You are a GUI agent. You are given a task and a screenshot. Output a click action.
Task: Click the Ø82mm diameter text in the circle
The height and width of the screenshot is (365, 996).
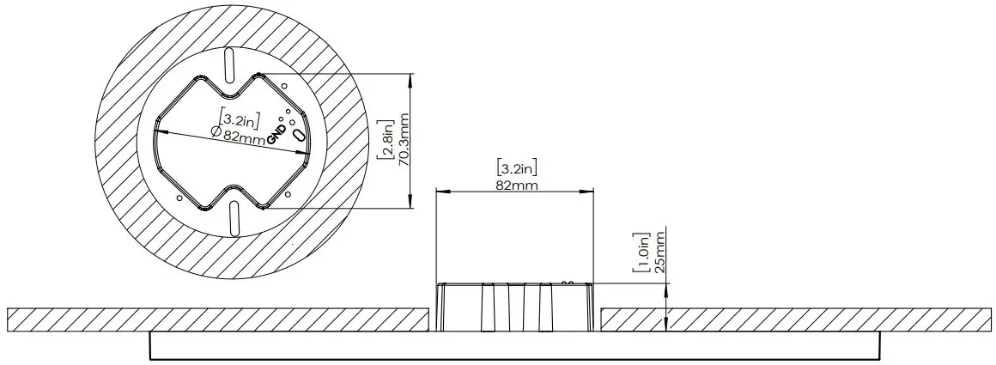238,134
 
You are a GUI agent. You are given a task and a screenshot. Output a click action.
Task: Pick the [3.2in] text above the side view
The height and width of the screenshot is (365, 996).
517,168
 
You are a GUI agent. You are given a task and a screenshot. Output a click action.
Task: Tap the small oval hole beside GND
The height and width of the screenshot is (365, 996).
299,137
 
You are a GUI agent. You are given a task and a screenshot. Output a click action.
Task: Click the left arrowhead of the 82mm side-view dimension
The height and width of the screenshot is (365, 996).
441,192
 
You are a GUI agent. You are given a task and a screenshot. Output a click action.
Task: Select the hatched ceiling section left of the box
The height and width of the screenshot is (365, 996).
215,319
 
